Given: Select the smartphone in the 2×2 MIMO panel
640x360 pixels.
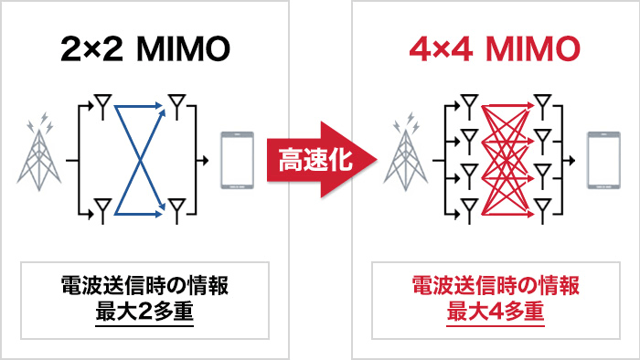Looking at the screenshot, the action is pos(237,161).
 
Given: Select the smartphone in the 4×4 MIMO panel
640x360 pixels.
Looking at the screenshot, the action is pos(599,161).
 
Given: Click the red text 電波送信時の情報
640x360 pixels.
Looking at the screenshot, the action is pos(495,286).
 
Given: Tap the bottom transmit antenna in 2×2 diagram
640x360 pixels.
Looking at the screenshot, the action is pos(102,212).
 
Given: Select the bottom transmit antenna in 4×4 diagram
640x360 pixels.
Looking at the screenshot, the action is pos(468,206).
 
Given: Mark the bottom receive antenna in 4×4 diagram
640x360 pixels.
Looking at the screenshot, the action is pos(544,206).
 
